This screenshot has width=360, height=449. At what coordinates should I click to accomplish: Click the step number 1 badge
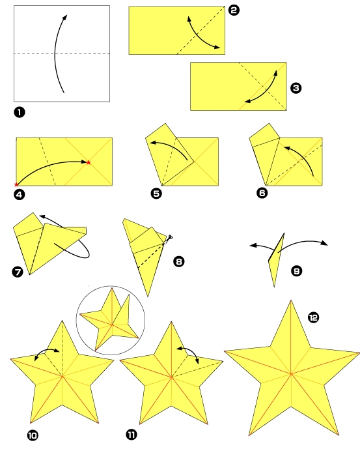pyautogui.click(x=19, y=112)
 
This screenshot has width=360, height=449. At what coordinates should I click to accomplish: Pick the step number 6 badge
pyautogui.click(x=262, y=194)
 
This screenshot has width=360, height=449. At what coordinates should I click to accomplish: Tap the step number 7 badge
pyautogui.click(x=18, y=269)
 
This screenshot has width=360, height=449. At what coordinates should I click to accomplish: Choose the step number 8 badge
pyautogui.click(x=178, y=262)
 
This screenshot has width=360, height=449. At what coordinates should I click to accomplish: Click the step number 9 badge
pyautogui.click(x=296, y=270)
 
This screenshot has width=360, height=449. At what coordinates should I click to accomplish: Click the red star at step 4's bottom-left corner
pyautogui.click(x=16, y=186)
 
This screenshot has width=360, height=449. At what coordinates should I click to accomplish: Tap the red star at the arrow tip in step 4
pyautogui.click(x=89, y=162)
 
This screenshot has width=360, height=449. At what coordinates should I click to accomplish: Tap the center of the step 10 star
pyautogui.click(x=62, y=376)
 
